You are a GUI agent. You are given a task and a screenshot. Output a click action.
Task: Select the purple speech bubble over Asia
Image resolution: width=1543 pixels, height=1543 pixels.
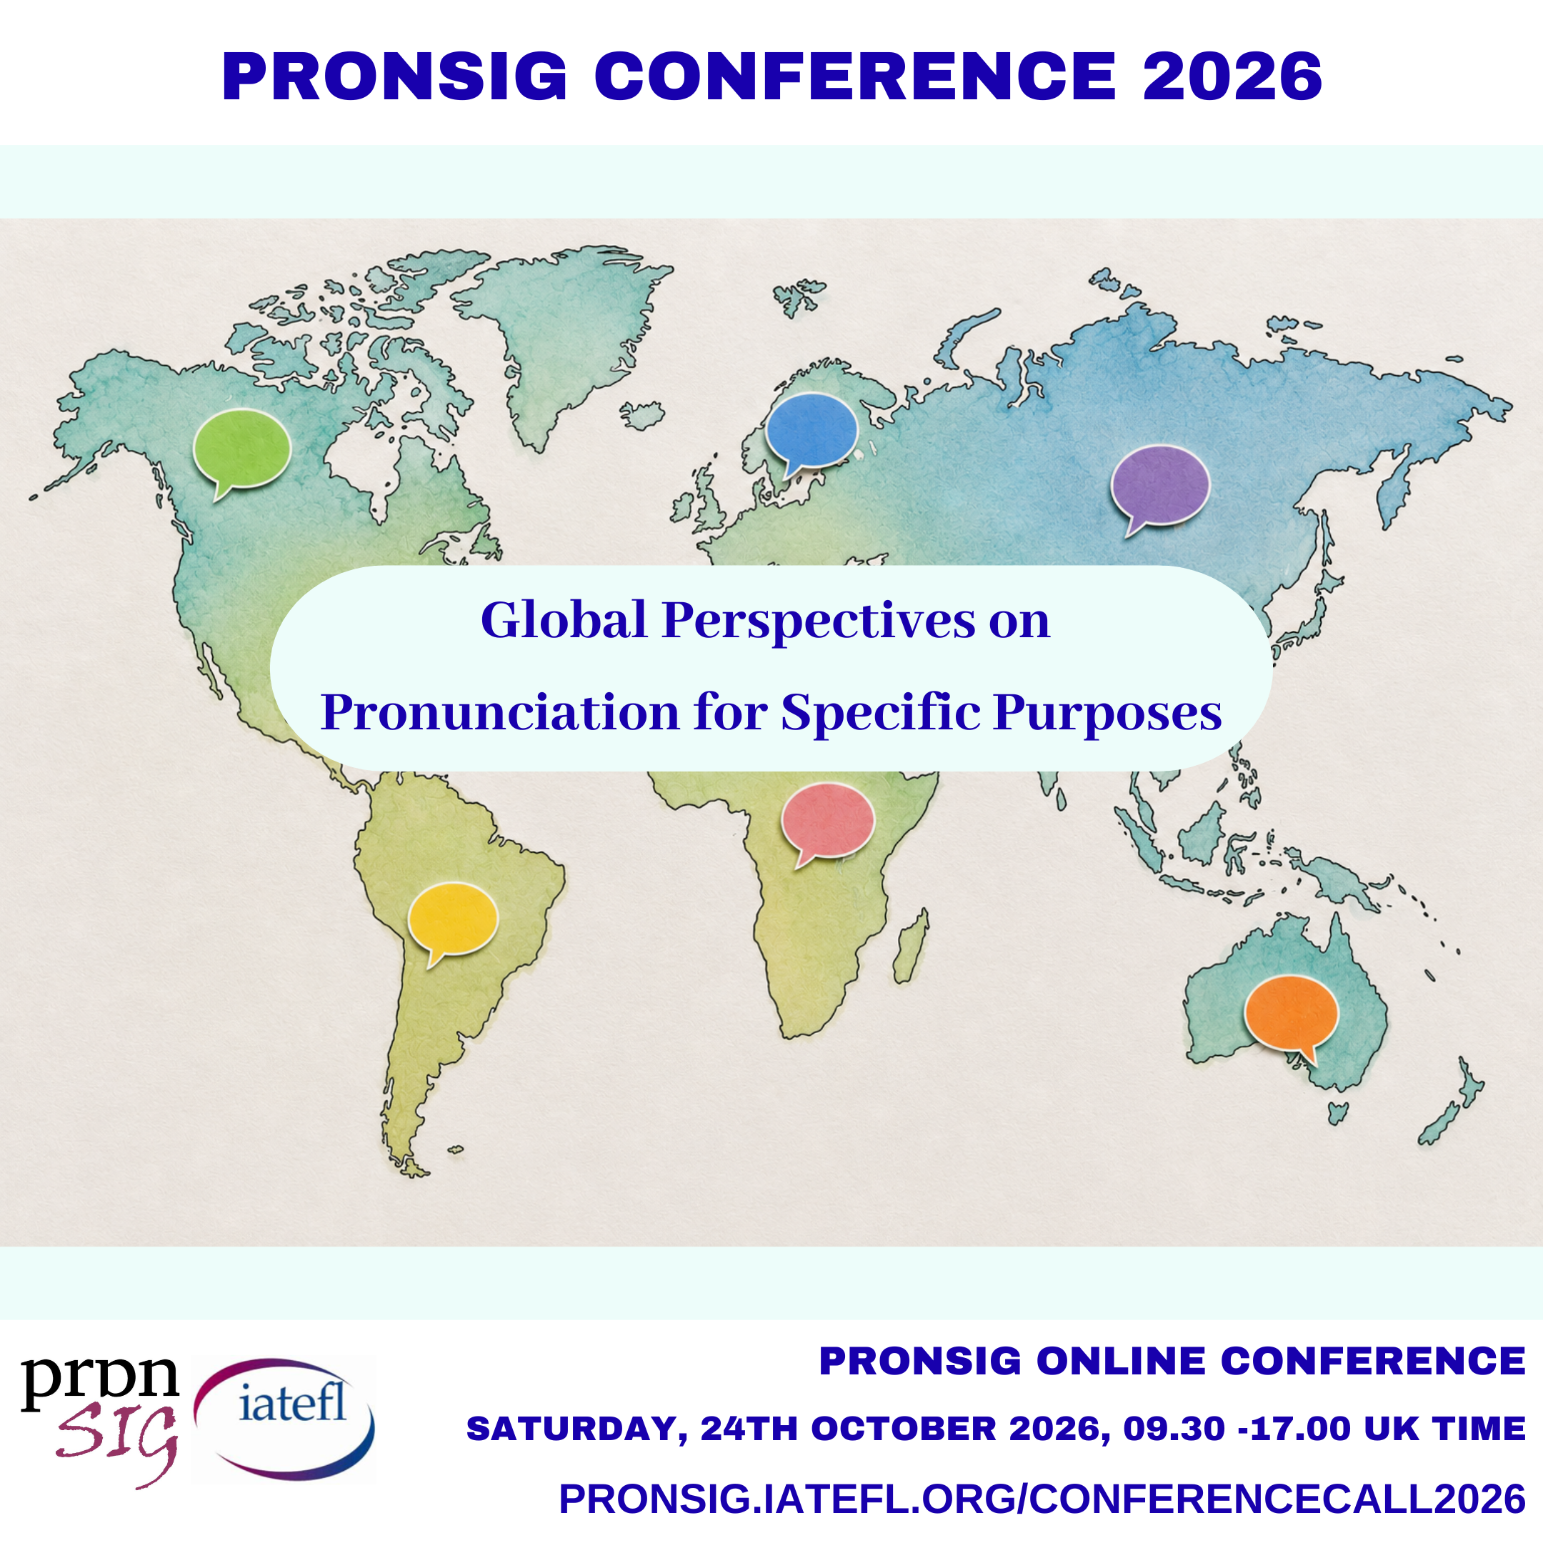1159,488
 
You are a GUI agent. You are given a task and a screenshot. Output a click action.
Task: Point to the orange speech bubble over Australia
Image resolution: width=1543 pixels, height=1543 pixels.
1291,1015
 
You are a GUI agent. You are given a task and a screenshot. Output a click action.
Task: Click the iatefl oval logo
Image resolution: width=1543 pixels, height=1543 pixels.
284,1420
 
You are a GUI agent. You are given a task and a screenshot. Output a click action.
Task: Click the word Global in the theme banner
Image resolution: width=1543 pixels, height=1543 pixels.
564,620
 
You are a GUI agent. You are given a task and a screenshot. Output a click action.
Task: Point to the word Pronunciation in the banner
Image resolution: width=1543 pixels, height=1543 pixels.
500,711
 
